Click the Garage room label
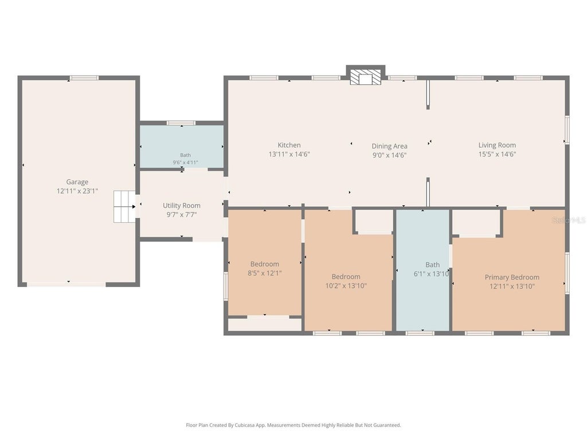coord(77,182)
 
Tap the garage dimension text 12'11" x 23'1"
coord(77,191)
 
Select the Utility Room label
coord(182,206)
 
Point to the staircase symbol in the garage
coord(124,206)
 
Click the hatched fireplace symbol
coord(366,77)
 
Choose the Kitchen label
coord(289,145)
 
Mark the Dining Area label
coord(389,146)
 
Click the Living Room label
coord(497,145)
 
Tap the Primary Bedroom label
coord(512,277)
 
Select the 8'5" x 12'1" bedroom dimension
coord(265,273)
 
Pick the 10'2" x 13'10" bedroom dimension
coord(346,286)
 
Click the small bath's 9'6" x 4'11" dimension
coord(185,162)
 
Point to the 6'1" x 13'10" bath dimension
coord(432,274)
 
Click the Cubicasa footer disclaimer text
coord(293,425)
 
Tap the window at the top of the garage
coord(84,78)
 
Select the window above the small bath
coord(181,123)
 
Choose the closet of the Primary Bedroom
coord(476,222)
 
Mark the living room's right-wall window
coord(567,129)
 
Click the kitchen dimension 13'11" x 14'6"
coord(289,154)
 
